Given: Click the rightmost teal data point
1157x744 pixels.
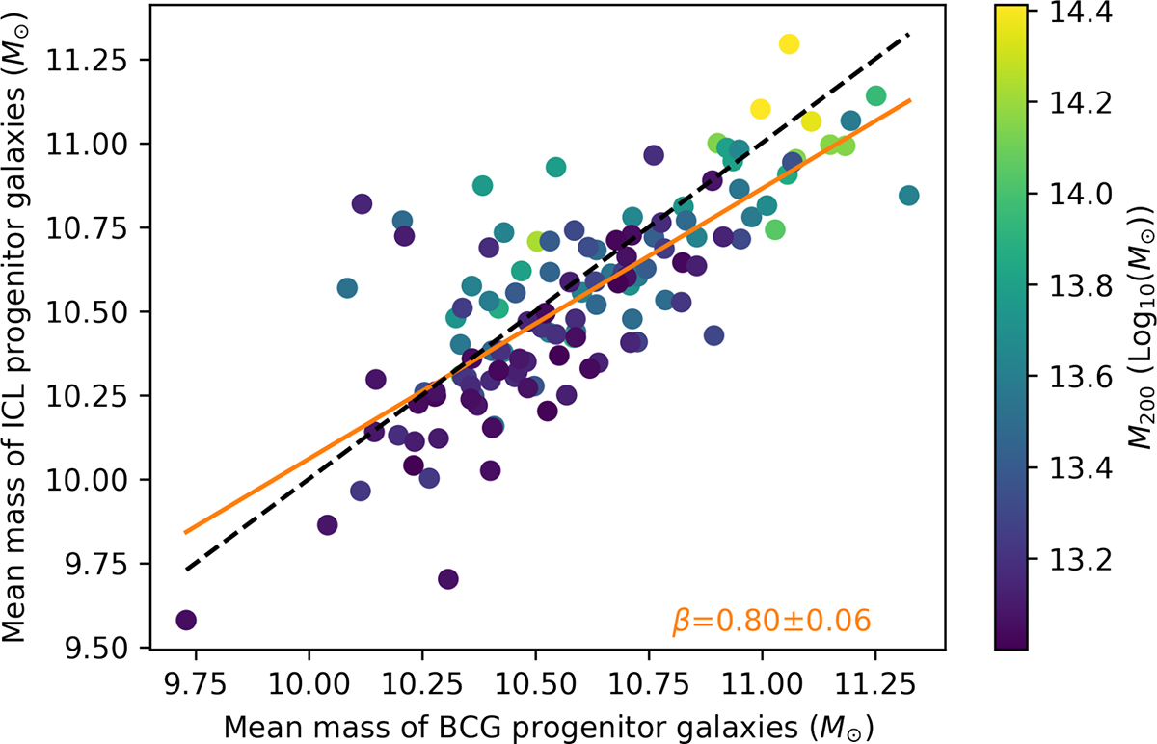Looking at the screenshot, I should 908,196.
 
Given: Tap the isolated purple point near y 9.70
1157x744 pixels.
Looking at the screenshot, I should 447,578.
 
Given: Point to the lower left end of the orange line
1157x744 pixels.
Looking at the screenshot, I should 185,532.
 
